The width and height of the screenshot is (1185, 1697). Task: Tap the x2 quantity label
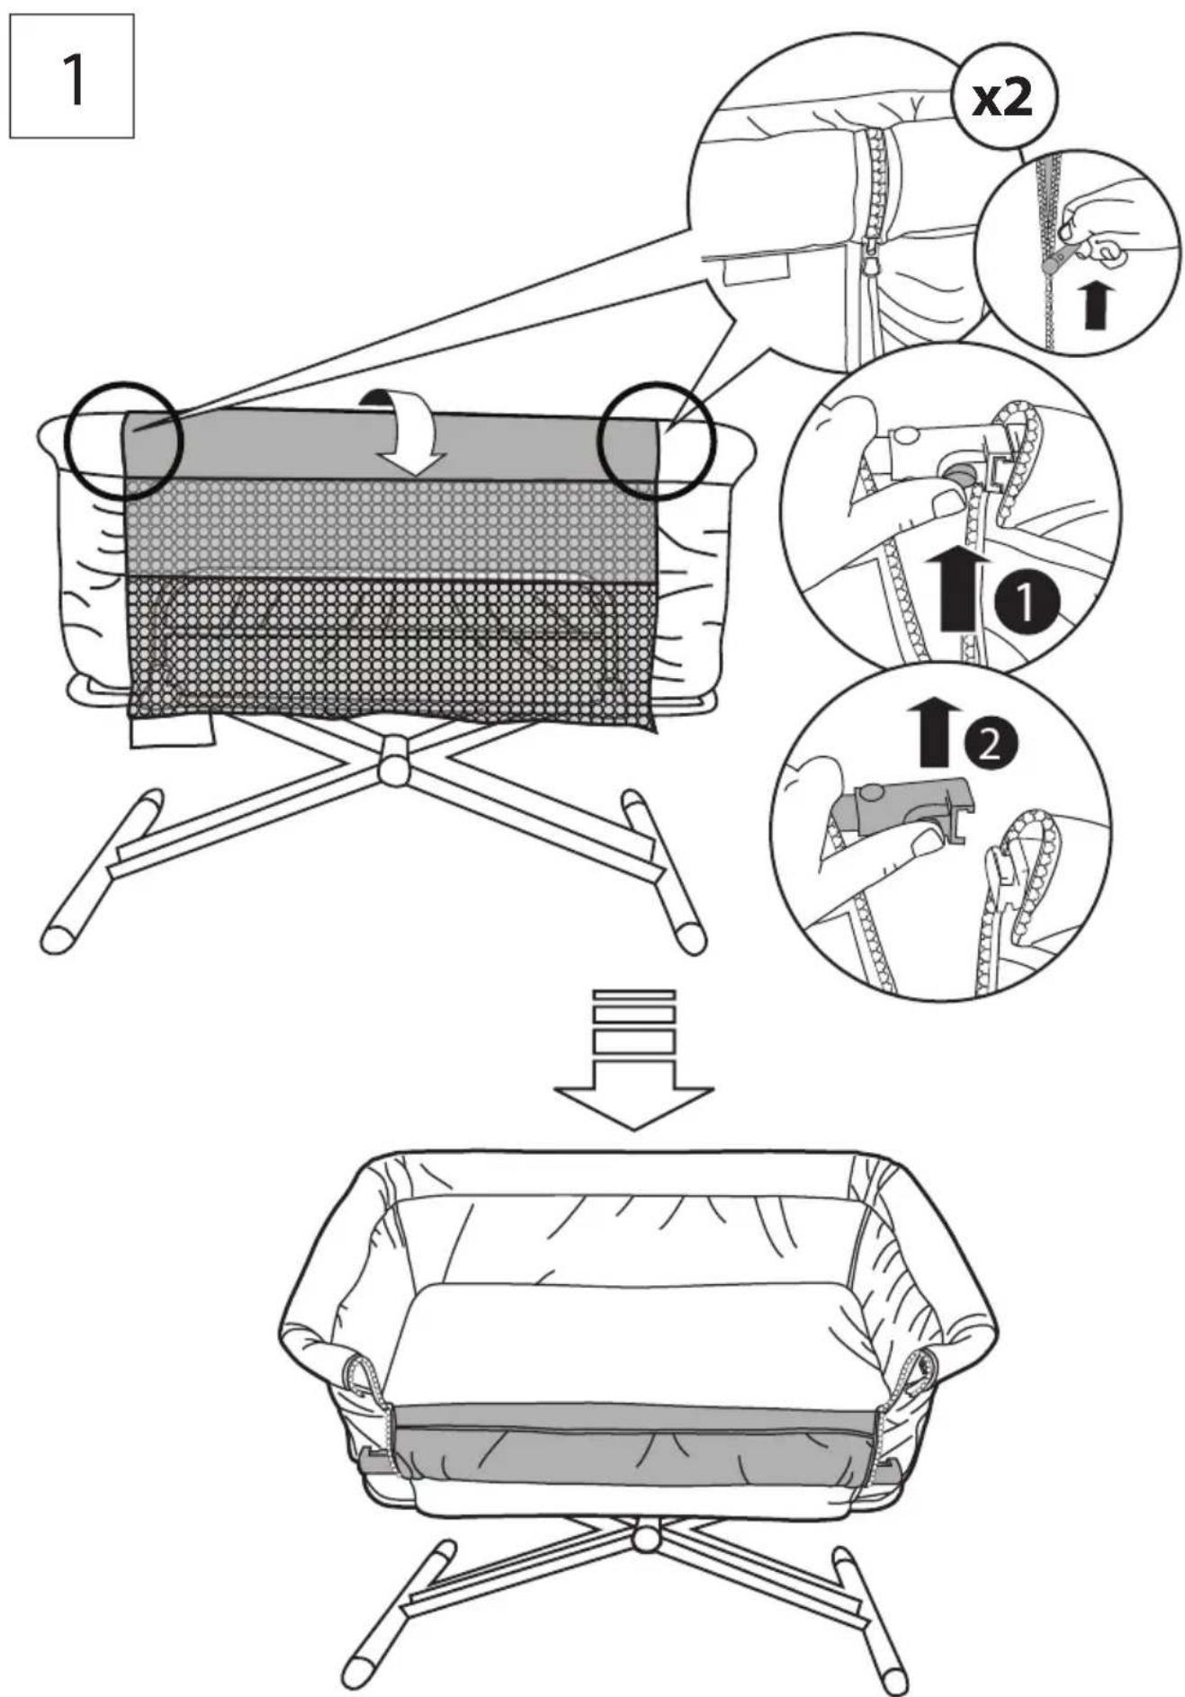click(1003, 98)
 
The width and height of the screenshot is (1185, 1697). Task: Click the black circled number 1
click(1027, 605)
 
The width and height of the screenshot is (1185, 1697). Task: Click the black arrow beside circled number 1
click(957, 590)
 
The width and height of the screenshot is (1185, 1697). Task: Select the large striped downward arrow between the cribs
click(633, 1058)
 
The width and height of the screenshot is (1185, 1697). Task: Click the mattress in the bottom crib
click(634, 1344)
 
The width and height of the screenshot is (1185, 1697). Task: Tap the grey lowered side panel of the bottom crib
click(634, 1443)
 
